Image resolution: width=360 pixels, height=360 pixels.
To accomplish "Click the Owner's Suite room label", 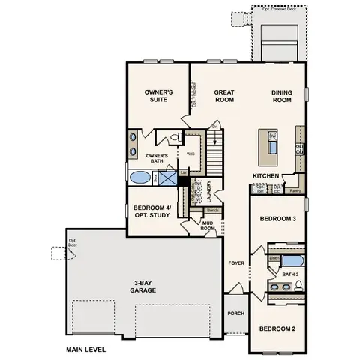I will (158, 95).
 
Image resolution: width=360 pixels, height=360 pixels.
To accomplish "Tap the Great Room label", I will (225, 95).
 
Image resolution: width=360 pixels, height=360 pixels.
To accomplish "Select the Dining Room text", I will (281, 95).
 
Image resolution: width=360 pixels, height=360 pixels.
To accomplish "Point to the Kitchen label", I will (266, 175).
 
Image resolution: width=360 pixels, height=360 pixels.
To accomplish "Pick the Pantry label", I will (295, 190).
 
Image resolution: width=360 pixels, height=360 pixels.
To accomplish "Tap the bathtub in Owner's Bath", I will (139, 178).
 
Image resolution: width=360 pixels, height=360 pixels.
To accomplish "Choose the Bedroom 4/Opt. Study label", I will (151, 211).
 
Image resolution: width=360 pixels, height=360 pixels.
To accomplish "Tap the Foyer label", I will (235, 263).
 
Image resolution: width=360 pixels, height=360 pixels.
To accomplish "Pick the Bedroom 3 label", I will (273, 219).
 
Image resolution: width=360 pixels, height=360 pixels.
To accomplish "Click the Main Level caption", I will (85, 349).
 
